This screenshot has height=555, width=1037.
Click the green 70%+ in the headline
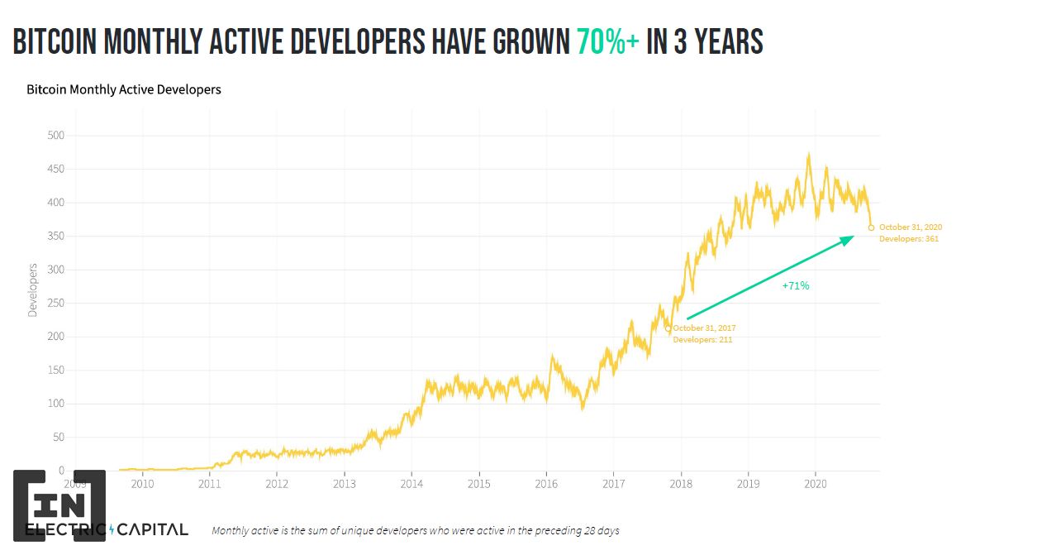pyautogui.click(x=607, y=42)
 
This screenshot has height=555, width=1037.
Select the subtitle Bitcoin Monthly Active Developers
pyautogui.click(x=124, y=89)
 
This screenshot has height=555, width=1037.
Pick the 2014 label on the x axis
pyautogui.click(x=411, y=484)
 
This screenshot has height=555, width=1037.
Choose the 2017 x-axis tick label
pyautogui.click(x=613, y=484)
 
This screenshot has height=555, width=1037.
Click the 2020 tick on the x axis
pyautogui.click(x=816, y=484)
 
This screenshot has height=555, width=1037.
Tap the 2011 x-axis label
pyautogui.click(x=209, y=484)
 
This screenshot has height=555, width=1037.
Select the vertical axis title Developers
pyautogui.click(x=33, y=290)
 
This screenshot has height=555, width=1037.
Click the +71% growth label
pyautogui.click(x=796, y=285)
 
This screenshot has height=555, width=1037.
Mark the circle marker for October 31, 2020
pyautogui.click(x=871, y=228)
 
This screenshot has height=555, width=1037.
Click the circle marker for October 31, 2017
pyautogui.click(x=668, y=328)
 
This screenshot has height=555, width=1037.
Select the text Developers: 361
pyautogui.click(x=909, y=239)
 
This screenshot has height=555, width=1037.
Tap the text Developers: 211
pyautogui.click(x=702, y=340)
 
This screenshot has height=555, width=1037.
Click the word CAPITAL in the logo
pyautogui.click(x=154, y=529)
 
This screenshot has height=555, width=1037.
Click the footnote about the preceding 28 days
pyautogui.click(x=416, y=530)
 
